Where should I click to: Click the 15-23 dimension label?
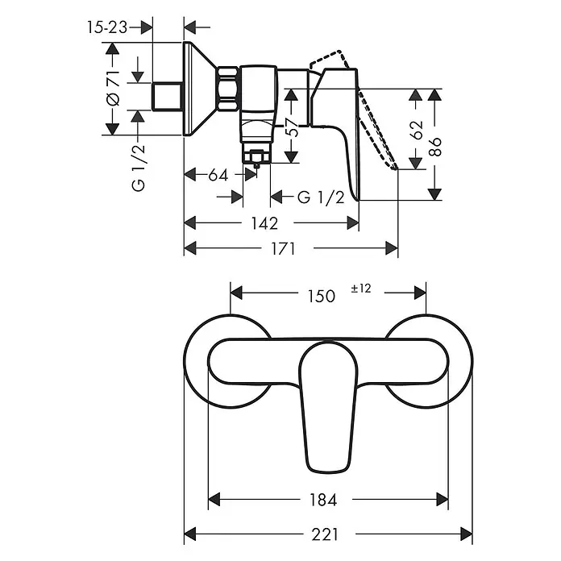point(107,27)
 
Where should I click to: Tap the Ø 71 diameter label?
point(113,89)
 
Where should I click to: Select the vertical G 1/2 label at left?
point(139,168)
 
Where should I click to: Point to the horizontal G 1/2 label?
point(321,197)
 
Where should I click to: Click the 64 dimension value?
point(218,176)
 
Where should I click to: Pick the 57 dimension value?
point(292,127)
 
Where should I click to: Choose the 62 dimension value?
point(416,130)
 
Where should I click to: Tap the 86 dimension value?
point(435,147)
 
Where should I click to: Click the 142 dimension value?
point(264,223)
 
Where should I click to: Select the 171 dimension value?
point(283,248)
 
